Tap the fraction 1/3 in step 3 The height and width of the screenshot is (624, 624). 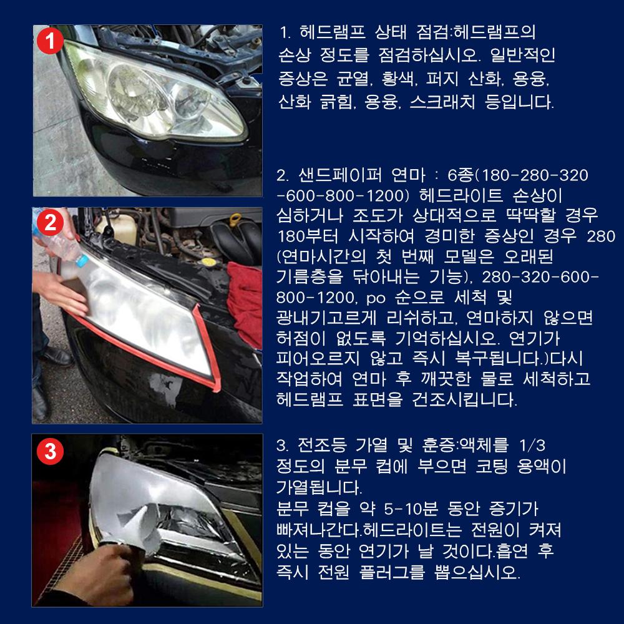[532, 446]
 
